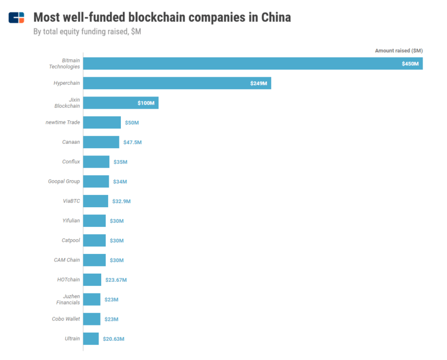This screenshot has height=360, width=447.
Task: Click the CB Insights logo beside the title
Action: coord(16,17)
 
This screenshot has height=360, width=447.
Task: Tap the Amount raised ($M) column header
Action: coord(399,51)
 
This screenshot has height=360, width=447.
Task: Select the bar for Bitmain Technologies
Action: coord(252,63)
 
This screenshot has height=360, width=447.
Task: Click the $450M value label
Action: coord(410,63)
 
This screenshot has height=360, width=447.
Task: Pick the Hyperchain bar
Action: coord(177,83)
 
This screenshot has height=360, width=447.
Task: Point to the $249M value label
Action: coord(259,83)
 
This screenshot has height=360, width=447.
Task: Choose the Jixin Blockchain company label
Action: coord(67,103)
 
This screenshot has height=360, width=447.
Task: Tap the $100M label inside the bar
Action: coord(146,103)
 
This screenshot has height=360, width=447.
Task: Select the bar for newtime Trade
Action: coord(102,122)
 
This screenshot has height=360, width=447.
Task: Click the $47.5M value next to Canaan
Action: coord(132,142)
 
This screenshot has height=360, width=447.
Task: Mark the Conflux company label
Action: coord(71,161)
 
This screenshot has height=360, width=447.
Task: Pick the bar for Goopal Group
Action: coord(96,181)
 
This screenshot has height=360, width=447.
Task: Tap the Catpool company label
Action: coord(70,240)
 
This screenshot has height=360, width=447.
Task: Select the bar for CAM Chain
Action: coord(94,260)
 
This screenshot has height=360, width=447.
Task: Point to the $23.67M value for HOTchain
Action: coord(116,280)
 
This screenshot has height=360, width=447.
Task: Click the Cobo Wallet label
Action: coord(66,319)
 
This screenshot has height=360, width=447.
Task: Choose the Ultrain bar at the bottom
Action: coord(91,339)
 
